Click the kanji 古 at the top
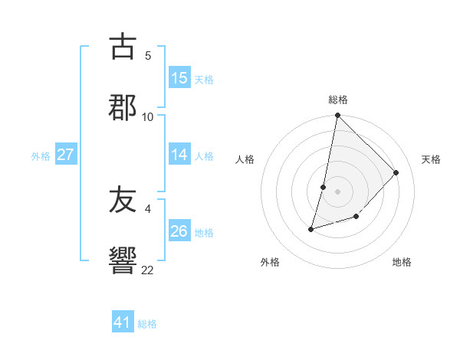pyautogui.click(x=123, y=47)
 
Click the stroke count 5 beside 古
pyautogui.click(x=148, y=56)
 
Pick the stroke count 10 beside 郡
pyautogui.click(x=148, y=116)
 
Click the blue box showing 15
pyautogui.click(x=179, y=78)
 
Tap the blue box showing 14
pyautogui.click(x=179, y=155)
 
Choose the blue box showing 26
pyautogui.click(x=179, y=231)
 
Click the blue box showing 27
pyautogui.click(x=66, y=155)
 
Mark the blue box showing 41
pyautogui.click(x=123, y=322)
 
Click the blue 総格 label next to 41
pyautogui.click(x=147, y=324)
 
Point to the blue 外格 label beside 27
pyautogui.click(x=41, y=156)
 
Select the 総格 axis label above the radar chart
pyautogui.click(x=338, y=100)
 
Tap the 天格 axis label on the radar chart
pyautogui.click(x=432, y=159)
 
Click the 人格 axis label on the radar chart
pyautogui.click(x=245, y=159)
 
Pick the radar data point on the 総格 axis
pyautogui.click(x=338, y=116)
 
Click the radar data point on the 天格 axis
pyautogui.click(x=396, y=172)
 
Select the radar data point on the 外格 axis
pyautogui.click(x=311, y=228)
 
